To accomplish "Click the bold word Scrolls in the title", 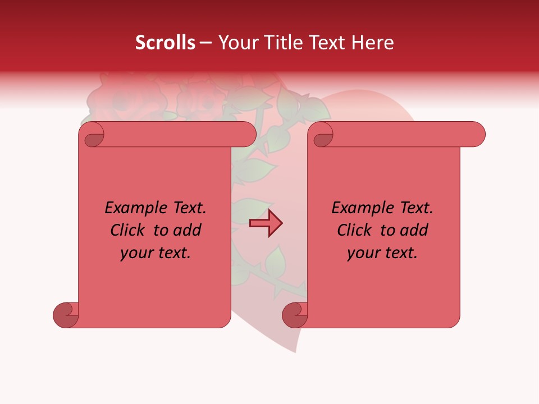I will [x=165, y=43].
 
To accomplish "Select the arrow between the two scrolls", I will [x=266, y=223].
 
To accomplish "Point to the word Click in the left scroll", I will [x=127, y=230].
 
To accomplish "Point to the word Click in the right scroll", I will [x=354, y=230].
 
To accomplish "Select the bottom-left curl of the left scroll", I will [x=65, y=314].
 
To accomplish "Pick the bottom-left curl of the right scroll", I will [x=294, y=314].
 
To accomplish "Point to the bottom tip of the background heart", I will [x=296, y=351].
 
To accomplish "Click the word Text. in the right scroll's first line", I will [x=416, y=208].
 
